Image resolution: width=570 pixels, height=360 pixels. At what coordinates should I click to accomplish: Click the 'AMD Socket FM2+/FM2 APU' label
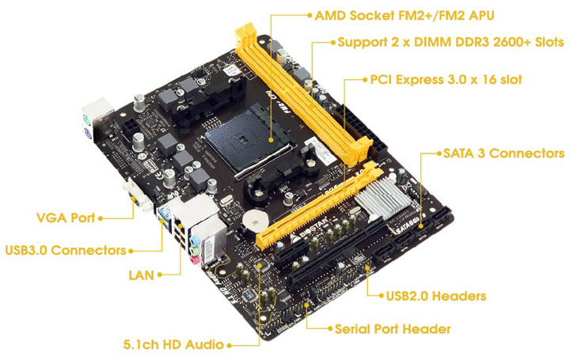tap(405, 16)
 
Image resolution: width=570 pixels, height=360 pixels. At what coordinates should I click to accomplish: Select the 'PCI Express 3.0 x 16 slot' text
tap(446, 80)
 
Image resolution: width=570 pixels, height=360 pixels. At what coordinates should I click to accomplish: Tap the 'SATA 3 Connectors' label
tap(503, 153)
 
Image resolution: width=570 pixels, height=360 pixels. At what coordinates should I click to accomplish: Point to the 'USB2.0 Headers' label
tap(436, 296)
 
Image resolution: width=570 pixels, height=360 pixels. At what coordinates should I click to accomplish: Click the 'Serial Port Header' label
tap(393, 329)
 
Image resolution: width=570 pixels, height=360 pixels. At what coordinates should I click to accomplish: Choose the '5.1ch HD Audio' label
tap(173, 344)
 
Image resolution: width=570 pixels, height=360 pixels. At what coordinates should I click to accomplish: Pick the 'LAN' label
tap(142, 275)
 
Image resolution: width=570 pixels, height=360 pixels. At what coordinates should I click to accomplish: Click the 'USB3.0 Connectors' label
tap(66, 250)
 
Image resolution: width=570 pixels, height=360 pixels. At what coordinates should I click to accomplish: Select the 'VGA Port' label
tap(66, 218)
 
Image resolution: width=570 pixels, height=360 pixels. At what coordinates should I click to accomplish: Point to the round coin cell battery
tap(256, 221)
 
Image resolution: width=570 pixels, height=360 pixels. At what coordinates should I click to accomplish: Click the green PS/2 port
tap(85, 119)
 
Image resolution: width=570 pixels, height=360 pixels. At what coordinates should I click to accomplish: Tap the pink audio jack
tap(194, 260)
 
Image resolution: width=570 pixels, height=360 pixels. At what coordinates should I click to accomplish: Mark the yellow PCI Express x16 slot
tap(319, 204)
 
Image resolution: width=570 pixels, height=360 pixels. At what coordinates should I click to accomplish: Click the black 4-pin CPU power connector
tap(130, 128)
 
